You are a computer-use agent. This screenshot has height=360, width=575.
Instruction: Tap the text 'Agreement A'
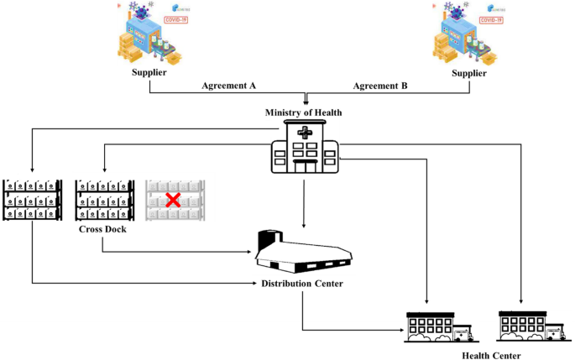(x=229, y=86)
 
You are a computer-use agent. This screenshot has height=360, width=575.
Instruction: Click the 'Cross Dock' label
(x=102, y=228)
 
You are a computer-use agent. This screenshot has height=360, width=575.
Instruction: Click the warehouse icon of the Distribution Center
(x=304, y=251)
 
